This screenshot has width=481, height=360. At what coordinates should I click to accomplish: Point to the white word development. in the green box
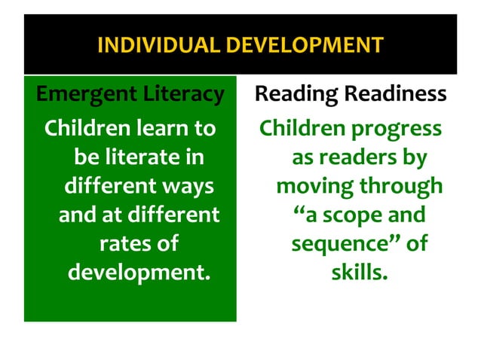coord(139,272)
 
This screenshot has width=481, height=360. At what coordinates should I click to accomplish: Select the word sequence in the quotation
coord(335,244)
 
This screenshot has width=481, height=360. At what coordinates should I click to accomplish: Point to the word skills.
coord(360,272)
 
